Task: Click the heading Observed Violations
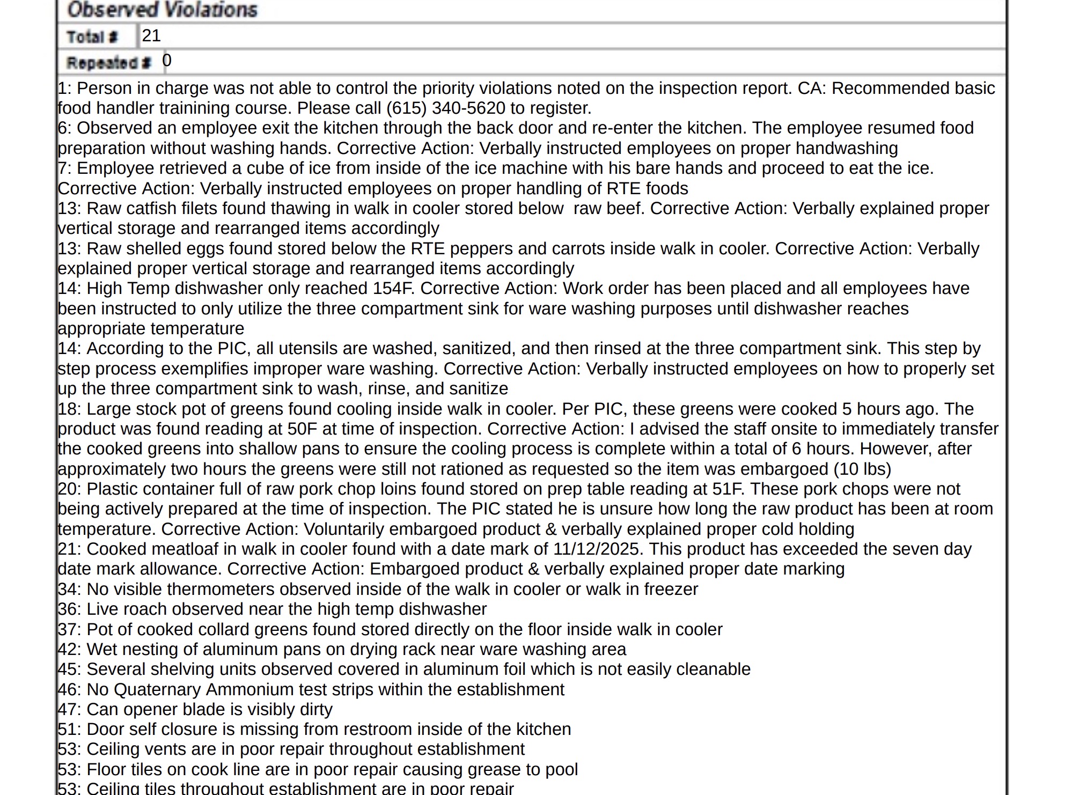pos(162,10)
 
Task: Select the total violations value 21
pos(151,36)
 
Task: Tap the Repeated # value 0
pos(167,61)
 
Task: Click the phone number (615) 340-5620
pos(445,108)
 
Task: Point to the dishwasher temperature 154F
pos(393,289)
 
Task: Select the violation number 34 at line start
pos(68,590)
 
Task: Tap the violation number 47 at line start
pos(68,710)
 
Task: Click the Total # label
pos(92,37)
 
